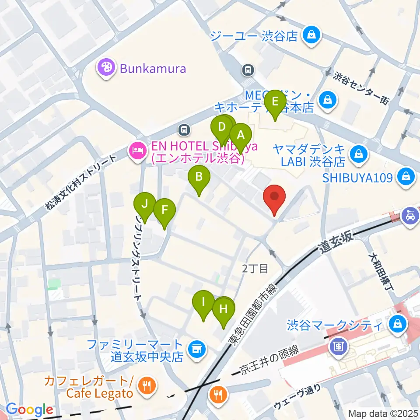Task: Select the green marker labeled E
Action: point(275,103)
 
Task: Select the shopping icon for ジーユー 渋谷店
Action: point(311,35)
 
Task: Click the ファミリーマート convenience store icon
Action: point(196,349)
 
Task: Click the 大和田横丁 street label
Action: point(376,271)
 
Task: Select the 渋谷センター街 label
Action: point(360,88)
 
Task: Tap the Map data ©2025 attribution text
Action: point(383,413)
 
